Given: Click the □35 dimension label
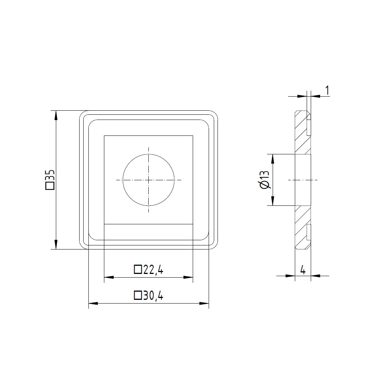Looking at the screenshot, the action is coord(50,180).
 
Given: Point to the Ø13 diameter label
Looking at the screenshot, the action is coord(264,180).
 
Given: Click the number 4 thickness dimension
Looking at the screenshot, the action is coord(303,270).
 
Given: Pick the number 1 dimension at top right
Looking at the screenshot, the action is coord(327,90).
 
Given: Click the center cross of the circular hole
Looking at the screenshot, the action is coord(149,180).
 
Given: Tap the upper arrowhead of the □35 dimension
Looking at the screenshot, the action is coord(56,115).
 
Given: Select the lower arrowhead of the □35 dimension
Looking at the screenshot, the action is coord(56,245).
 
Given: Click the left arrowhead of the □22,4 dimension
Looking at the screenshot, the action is coord(109,277).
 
